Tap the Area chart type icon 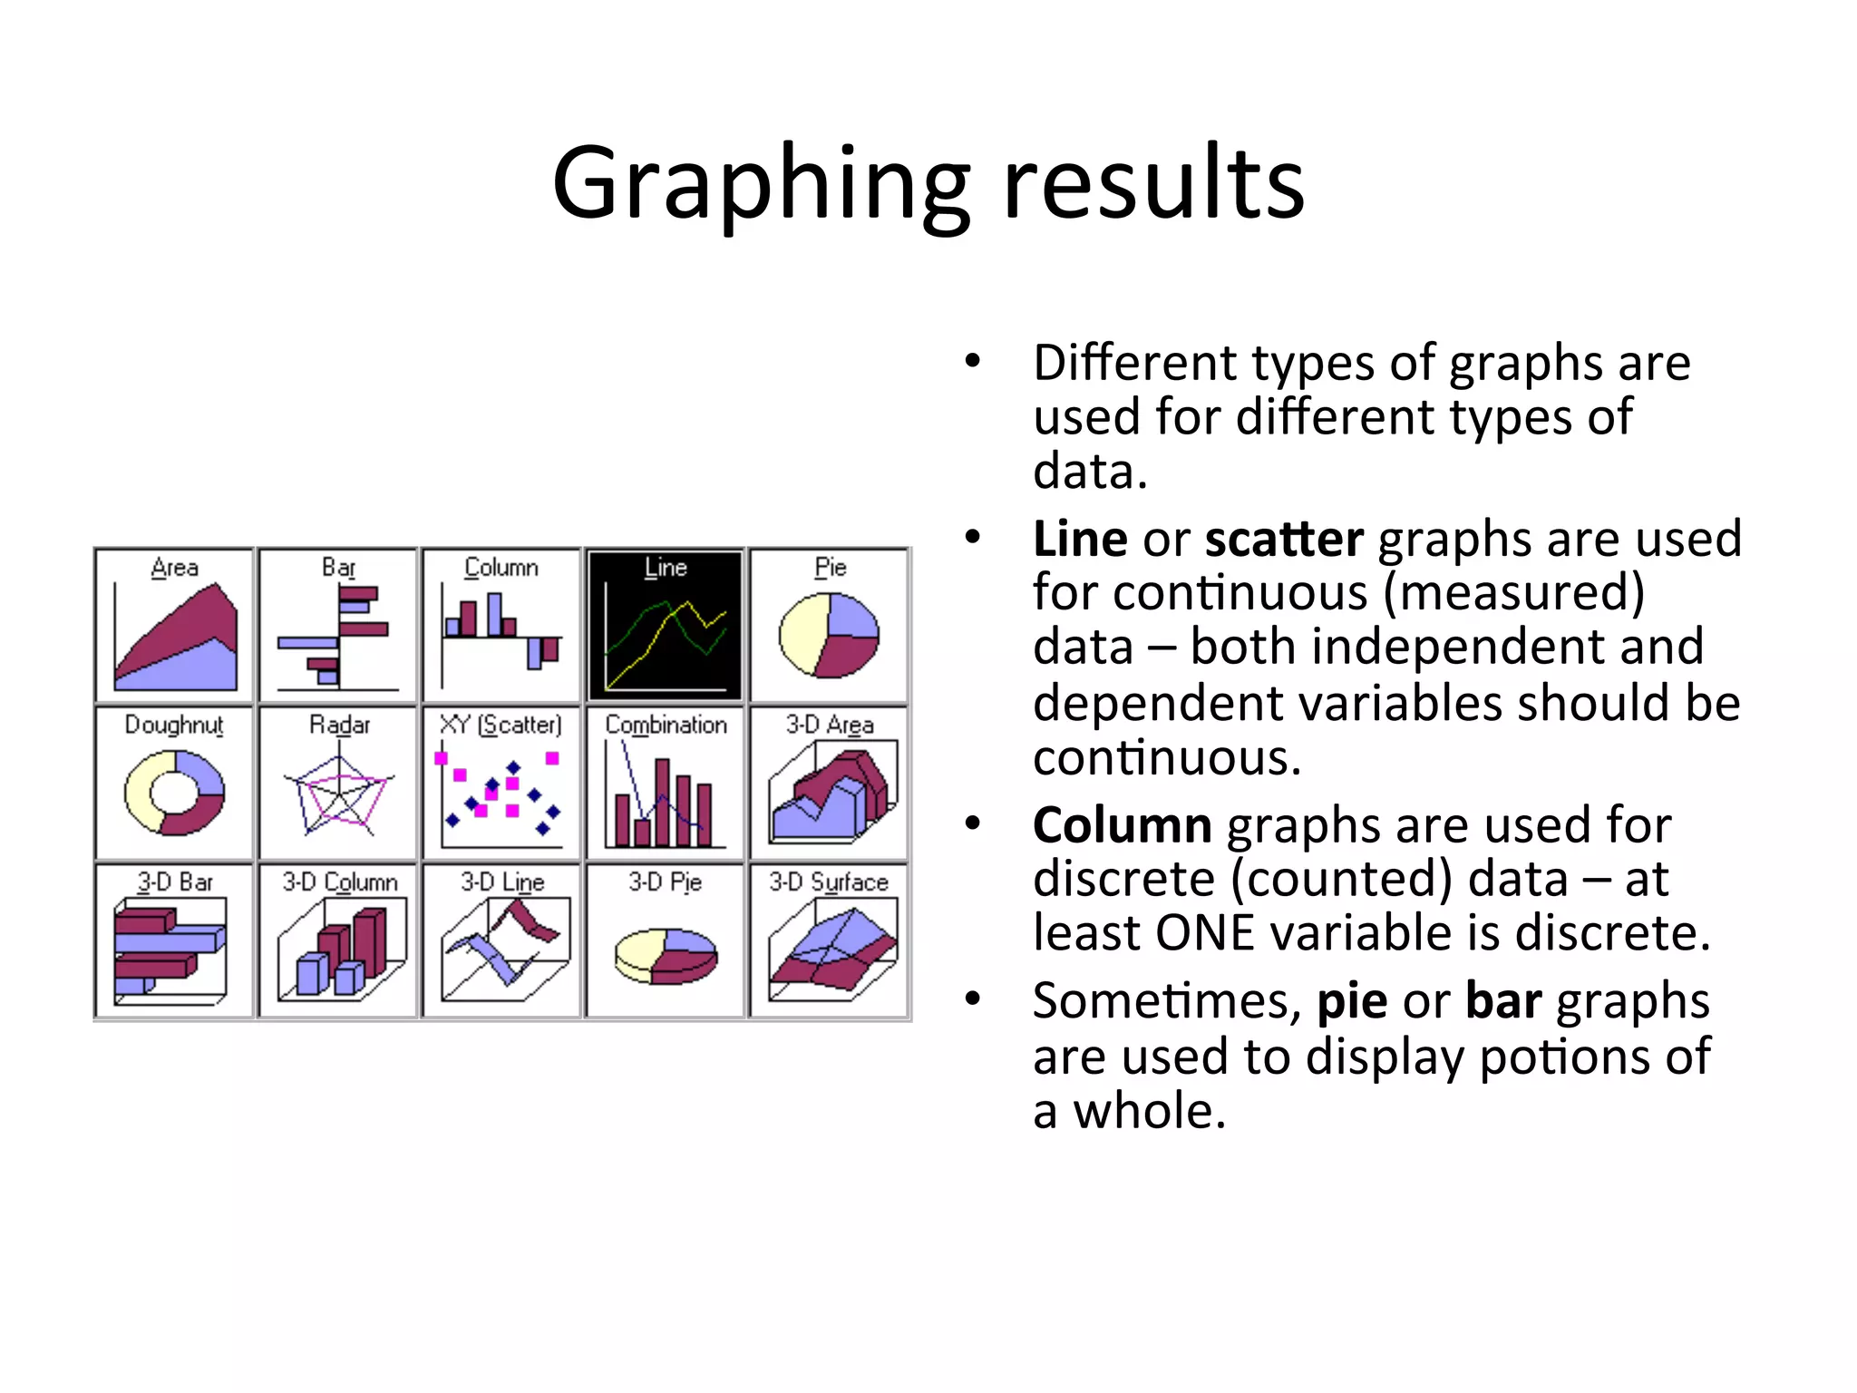(174, 626)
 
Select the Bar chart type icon (338, 626)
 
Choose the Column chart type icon (501, 626)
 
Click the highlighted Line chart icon (666, 626)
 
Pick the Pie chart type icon (829, 626)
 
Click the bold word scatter (1284, 540)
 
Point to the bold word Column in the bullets (1123, 826)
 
